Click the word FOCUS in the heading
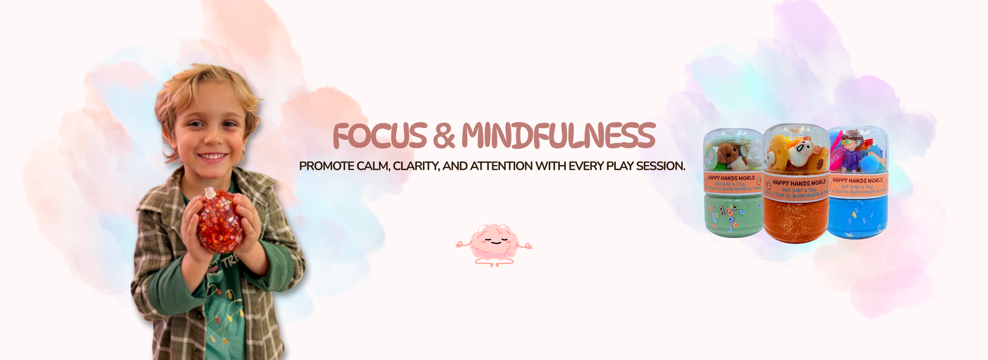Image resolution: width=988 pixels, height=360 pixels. click(x=379, y=136)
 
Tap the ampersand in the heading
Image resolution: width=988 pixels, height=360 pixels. click(x=444, y=136)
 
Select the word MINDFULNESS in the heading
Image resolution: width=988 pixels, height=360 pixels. click(x=558, y=136)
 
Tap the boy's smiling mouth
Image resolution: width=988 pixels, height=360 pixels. click(x=212, y=157)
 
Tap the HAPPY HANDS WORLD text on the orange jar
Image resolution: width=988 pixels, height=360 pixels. click(x=799, y=183)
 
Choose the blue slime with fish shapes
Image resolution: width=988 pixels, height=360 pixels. click(x=857, y=217)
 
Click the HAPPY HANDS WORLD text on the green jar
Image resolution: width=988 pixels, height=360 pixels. click(x=731, y=178)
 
